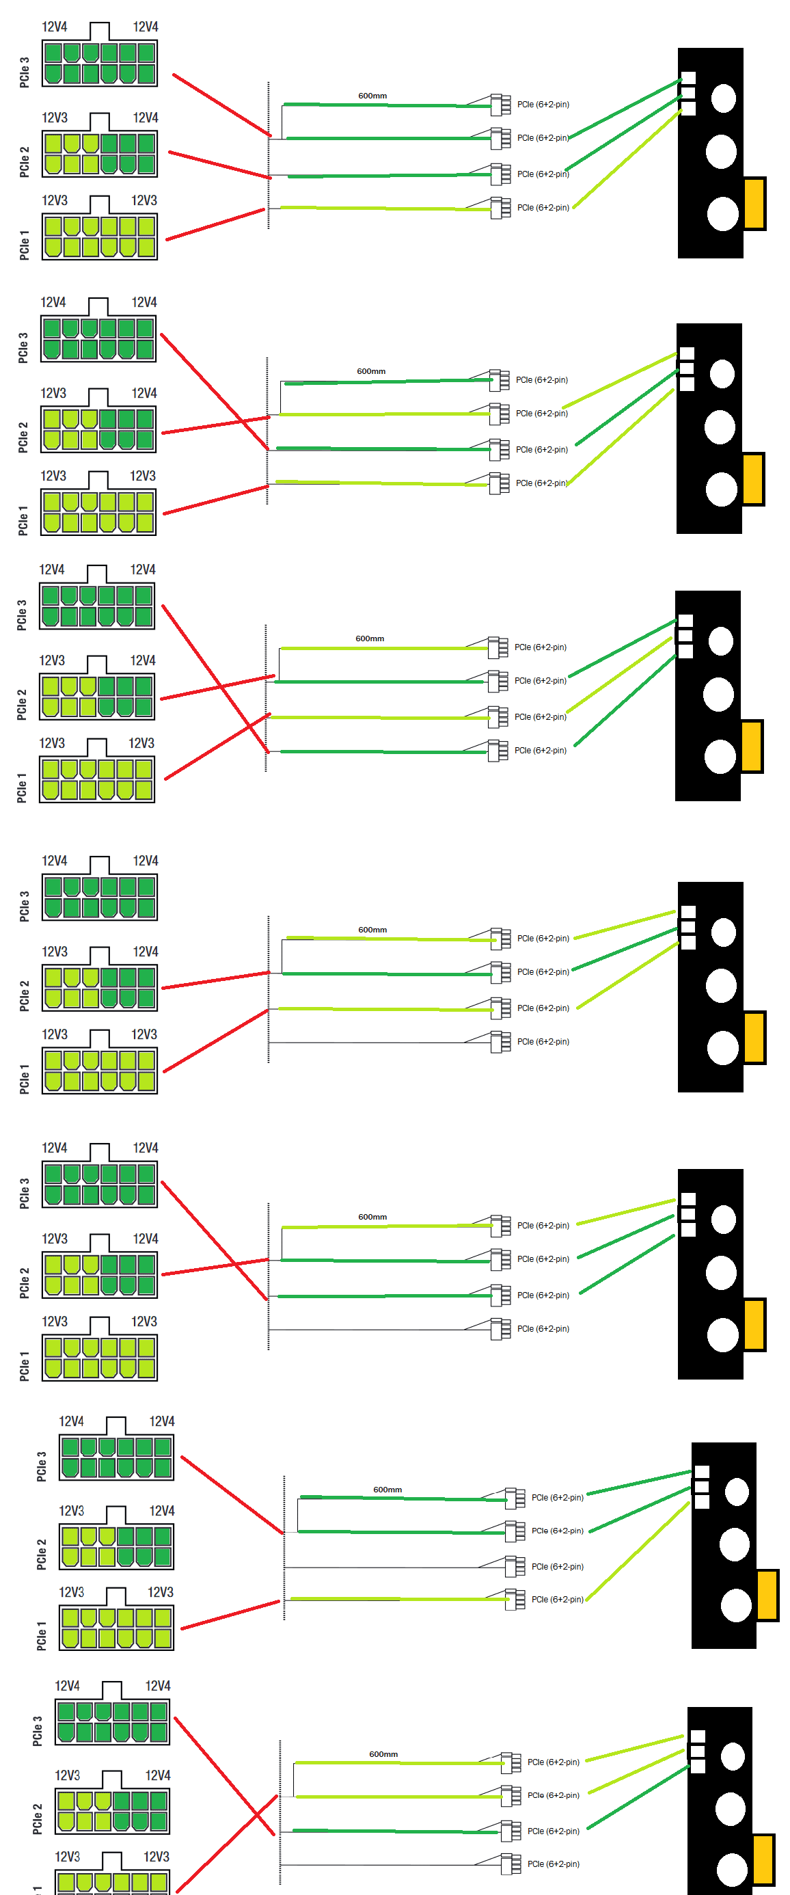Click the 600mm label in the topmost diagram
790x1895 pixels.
click(372, 96)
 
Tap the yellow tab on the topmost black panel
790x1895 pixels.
click(754, 203)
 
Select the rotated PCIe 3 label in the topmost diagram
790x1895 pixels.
click(25, 72)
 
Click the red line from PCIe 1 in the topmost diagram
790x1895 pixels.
click(215, 224)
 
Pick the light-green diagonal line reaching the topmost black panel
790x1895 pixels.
click(627, 157)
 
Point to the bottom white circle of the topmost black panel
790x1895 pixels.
click(722, 214)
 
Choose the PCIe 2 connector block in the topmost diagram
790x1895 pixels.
click(99, 154)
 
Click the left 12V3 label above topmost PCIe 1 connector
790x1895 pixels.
click(55, 200)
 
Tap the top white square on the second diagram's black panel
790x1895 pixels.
click(687, 353)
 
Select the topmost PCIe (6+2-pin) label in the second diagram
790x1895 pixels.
click(541, 380)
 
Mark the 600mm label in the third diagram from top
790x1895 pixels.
click(370, 639)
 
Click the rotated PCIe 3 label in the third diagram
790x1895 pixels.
click(22, 615)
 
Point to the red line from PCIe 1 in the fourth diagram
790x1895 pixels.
click(215, 1041)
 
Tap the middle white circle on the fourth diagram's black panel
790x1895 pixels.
click(721, 986)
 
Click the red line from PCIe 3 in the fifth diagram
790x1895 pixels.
click(213, 1240)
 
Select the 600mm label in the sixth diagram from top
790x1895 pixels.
click(387, 1490)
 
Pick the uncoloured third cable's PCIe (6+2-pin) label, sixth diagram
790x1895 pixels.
click(558, 1567)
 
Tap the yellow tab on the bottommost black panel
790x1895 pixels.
click(763, 1859)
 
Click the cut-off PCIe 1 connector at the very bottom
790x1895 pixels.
click(113, 1883)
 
